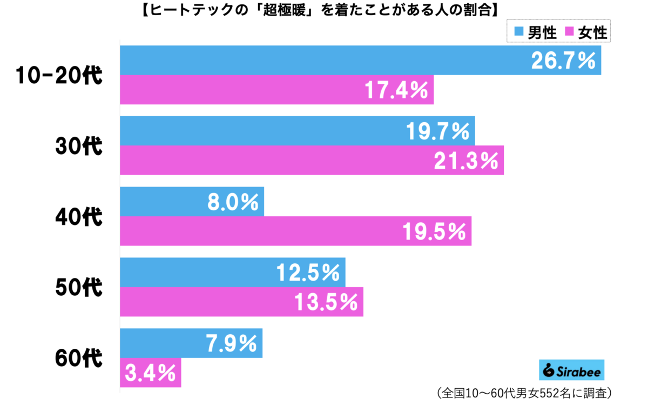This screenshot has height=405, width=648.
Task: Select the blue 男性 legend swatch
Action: click(x=518, y=33)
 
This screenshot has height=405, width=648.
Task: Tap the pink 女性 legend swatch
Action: click(x=568, y=33)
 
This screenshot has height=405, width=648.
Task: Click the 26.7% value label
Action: click(x=563, y=61)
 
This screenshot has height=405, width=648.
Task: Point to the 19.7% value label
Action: click(x=437, y=131)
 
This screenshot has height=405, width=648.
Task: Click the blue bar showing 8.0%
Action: click(x=192, y=202)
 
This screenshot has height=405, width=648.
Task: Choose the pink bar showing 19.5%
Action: click(x=295, y=231)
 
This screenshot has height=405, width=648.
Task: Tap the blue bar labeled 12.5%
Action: click(x=232, y=273)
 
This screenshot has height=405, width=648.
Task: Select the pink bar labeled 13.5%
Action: click(x=241, y=302)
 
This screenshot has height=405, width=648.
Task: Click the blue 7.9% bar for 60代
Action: click(x=191, y=343)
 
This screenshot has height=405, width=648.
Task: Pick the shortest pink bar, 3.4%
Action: click(x=150, y=373)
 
